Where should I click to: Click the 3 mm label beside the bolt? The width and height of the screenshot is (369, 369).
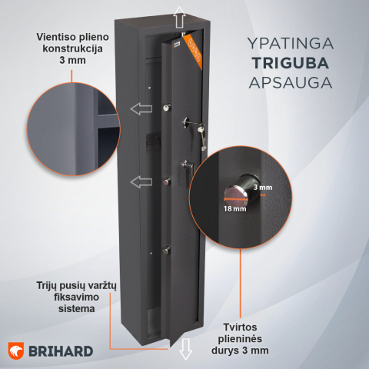[x=262, y=188]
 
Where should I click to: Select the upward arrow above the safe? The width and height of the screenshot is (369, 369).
[x=178, y=15]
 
